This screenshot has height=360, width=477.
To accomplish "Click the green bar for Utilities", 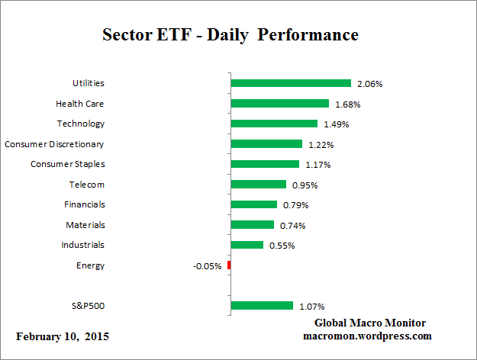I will click(291, 83).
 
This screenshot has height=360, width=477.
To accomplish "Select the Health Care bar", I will click(279, 103).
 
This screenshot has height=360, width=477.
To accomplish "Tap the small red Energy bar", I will click(229, 265).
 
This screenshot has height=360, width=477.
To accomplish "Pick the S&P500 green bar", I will click(262, 306).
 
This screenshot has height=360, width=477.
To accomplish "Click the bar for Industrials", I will click(247, 245).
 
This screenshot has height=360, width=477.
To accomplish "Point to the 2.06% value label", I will click(369, 83).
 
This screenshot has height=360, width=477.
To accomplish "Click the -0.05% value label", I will click(208, 266).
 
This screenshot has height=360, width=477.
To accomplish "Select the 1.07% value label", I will click(311, 307).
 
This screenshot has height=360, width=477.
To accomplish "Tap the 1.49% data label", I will click(336, 124).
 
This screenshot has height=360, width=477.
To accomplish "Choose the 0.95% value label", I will click(304, 185).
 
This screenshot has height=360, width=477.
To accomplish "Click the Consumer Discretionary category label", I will click(54, 143).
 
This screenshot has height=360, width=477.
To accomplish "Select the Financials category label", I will click(84, 204).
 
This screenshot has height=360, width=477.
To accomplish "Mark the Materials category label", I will click(85, 225).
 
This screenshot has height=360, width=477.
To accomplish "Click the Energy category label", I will click(90, 265).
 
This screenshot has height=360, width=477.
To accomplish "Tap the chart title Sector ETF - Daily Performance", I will click(230, 35).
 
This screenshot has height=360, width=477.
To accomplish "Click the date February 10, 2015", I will click(63, 336).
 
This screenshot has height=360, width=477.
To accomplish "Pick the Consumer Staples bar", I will click(265, 164).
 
